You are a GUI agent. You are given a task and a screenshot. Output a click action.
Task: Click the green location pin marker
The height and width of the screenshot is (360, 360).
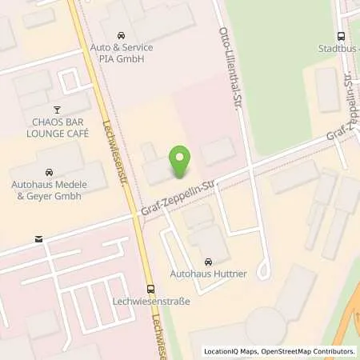(180, 162)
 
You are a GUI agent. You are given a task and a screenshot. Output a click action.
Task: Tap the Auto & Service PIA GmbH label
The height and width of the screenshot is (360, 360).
(121, 53)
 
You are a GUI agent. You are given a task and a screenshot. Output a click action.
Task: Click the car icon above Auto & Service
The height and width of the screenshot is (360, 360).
(121, 36)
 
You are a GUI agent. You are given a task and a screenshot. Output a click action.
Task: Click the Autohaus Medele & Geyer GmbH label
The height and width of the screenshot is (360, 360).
(48, 190)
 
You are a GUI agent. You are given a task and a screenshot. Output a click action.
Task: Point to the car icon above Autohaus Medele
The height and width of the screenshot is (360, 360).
(49, 172)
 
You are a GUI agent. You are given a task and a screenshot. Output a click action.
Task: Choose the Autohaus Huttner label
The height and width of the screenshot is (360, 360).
(209, 275)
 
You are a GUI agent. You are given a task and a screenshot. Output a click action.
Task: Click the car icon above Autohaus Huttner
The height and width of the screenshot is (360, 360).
(209, 262)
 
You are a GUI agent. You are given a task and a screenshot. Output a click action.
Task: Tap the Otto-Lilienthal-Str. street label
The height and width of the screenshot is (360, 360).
(230, 64)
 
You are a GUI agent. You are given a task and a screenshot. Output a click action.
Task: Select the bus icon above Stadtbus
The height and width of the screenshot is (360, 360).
(342, 36)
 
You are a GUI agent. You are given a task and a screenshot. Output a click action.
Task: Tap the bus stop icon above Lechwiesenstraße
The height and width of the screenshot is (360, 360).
(150, 289)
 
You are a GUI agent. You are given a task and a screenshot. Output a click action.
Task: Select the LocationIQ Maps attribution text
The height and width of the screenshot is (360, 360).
(231, 350)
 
